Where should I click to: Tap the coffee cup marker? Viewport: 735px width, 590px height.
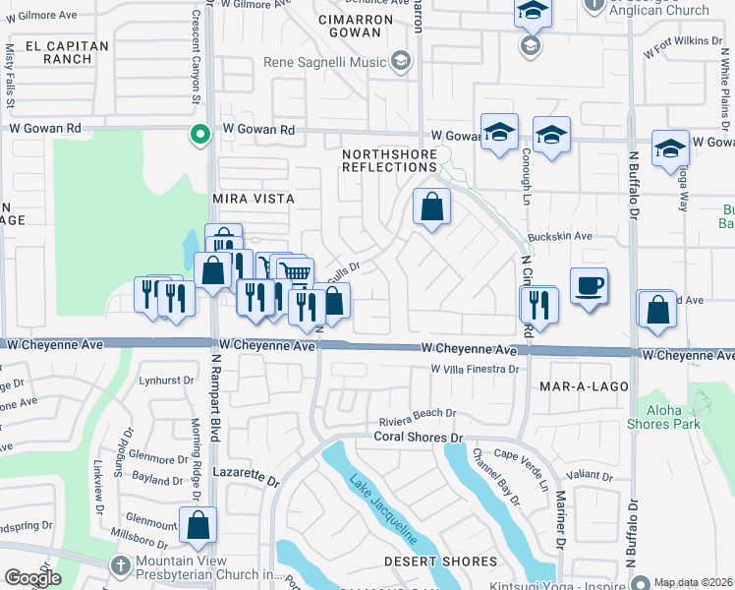[589, 286]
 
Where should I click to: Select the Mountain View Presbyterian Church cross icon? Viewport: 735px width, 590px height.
[120, 565]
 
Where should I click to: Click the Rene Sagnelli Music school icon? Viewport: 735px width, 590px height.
[400, 63]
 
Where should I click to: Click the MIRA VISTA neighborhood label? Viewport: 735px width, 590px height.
[254, 198]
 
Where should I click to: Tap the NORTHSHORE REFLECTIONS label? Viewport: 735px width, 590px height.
[389, 160]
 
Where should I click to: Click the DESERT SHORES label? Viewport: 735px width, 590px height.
[440, 561]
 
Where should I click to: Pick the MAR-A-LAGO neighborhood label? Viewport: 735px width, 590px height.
[584, 386]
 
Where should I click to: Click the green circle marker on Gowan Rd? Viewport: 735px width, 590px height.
[200, 135]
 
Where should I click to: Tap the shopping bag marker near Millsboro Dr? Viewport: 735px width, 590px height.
[198, 525]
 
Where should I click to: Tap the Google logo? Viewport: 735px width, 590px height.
[32, 578]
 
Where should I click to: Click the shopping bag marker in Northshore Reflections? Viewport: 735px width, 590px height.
[431, 207]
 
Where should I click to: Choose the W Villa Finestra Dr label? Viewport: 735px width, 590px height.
[474, 369]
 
